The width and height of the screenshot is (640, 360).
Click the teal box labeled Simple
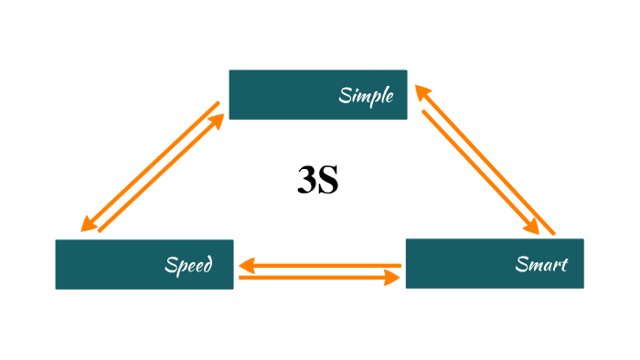[x=317, y=94]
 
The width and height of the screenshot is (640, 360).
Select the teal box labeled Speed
[x=144, y=264]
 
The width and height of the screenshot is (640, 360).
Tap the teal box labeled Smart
[x=494, y=264]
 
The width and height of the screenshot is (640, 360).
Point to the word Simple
[x=366, y=95]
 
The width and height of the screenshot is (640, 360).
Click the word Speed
[x=188, y=265]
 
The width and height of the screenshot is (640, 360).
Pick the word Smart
[x=541, y=265]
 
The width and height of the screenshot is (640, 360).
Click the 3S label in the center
[x=318, y=180]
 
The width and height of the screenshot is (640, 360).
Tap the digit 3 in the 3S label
[x=306, y=180]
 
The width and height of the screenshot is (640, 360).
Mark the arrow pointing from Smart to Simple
[x=486, y=160]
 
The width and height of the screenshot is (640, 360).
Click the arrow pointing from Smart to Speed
[x=320, y=266]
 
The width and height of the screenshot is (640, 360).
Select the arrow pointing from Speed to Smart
[x=320, y=276]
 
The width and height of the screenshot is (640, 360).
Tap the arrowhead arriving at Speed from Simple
[x=87, y=225]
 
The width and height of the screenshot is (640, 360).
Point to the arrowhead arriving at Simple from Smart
[x=421, y=91]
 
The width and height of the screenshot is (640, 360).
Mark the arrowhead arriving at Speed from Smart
[x=245, y=266]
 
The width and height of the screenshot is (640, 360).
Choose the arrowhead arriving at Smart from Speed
[x=395, y=276]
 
